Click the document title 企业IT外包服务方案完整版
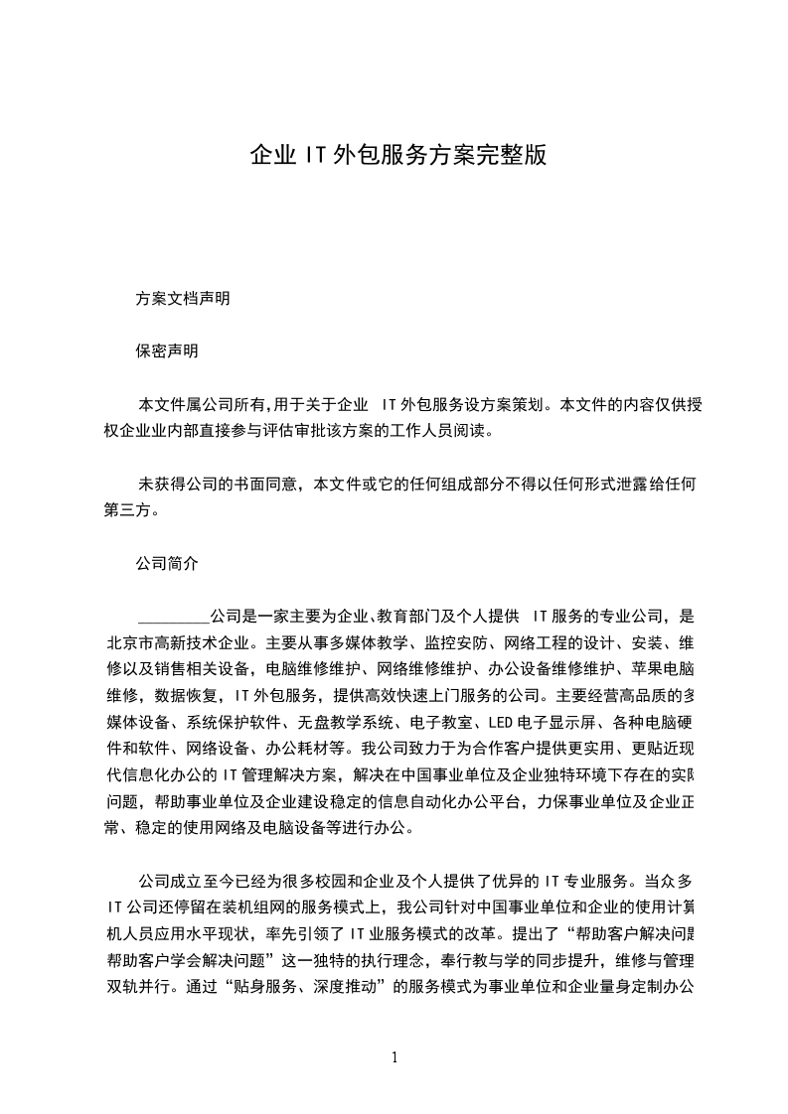(x=396, y=155)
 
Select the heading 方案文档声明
(x=183, y=298)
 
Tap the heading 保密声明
(x=167, y=351)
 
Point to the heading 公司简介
(x=167, y=563)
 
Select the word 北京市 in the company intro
(x=127, y=642)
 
